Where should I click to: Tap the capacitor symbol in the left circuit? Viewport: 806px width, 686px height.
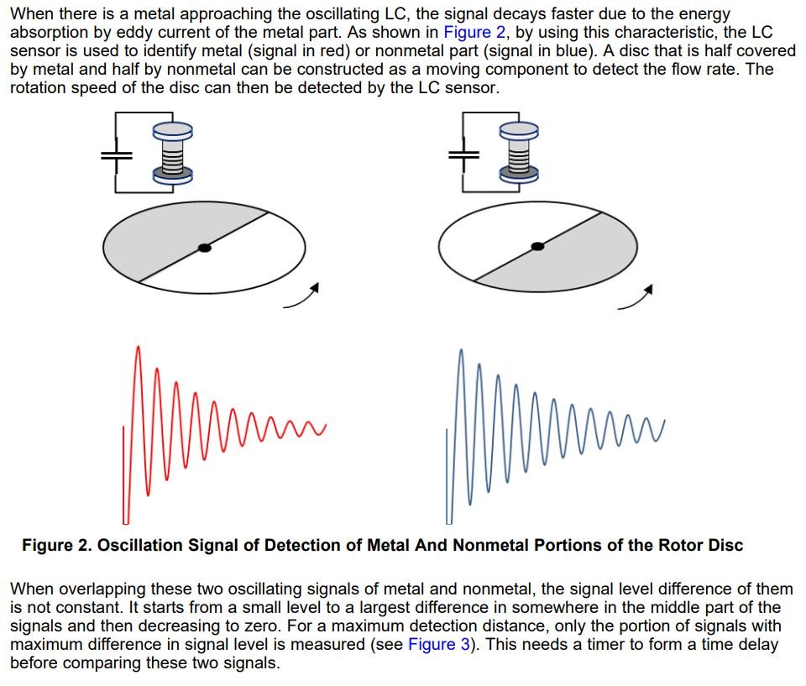click(117, 155)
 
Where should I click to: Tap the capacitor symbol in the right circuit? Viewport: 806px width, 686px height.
click(463, 154)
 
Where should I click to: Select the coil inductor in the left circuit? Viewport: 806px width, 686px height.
click(172, 152)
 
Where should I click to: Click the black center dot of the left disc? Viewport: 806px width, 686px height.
click(203, 248)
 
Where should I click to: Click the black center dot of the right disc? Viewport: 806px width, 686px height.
click(538, 245)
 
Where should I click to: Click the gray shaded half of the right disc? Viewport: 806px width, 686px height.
click(571, 260)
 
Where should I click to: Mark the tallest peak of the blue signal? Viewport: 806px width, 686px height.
click(460, 350)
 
